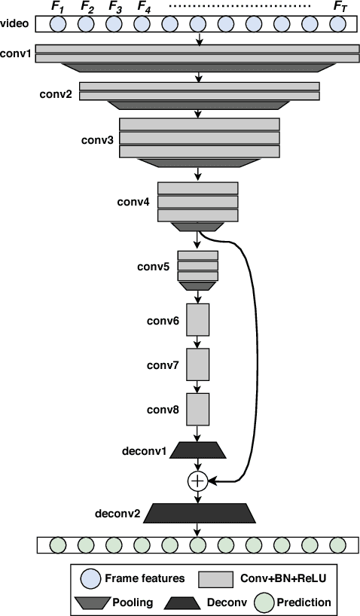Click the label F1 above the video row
point(58,9)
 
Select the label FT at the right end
point(340,9)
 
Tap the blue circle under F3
point(114,25)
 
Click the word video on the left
point(16,25)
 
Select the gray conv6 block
point(197,320)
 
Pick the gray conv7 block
point(197,365)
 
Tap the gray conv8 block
point(197,410)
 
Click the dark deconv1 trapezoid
point(197,450)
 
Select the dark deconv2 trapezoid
point(197,514)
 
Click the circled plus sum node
point(197,480)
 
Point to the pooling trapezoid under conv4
point(197,227)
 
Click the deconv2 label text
point(117,514)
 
